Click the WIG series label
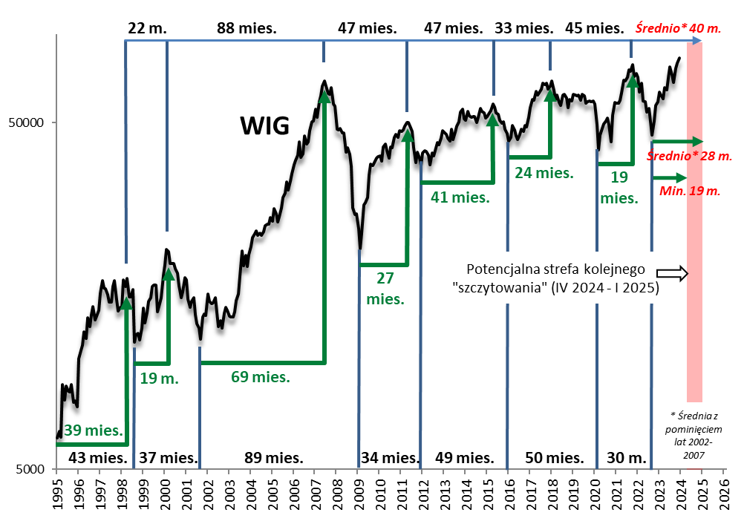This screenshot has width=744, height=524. [x=264, y=126]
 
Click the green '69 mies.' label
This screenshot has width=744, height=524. [x=260, y=376]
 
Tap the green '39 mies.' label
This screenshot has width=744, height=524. [x=93, y=430]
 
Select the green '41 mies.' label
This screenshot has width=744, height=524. [x=460, y=197]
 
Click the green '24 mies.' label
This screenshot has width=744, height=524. [x=545, y=173]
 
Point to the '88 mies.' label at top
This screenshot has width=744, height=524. [x=247, y=29]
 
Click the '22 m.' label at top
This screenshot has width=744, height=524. [x=148, y=29]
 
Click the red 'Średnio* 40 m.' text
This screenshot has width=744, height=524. [x=679, y=29]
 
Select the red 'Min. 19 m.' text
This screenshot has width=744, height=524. [x=690, y=191]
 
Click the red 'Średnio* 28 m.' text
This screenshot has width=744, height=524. [x=690, y=157]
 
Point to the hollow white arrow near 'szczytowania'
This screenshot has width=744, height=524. [x=674, y=272]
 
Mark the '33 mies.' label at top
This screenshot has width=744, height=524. [x=524, y=29]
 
